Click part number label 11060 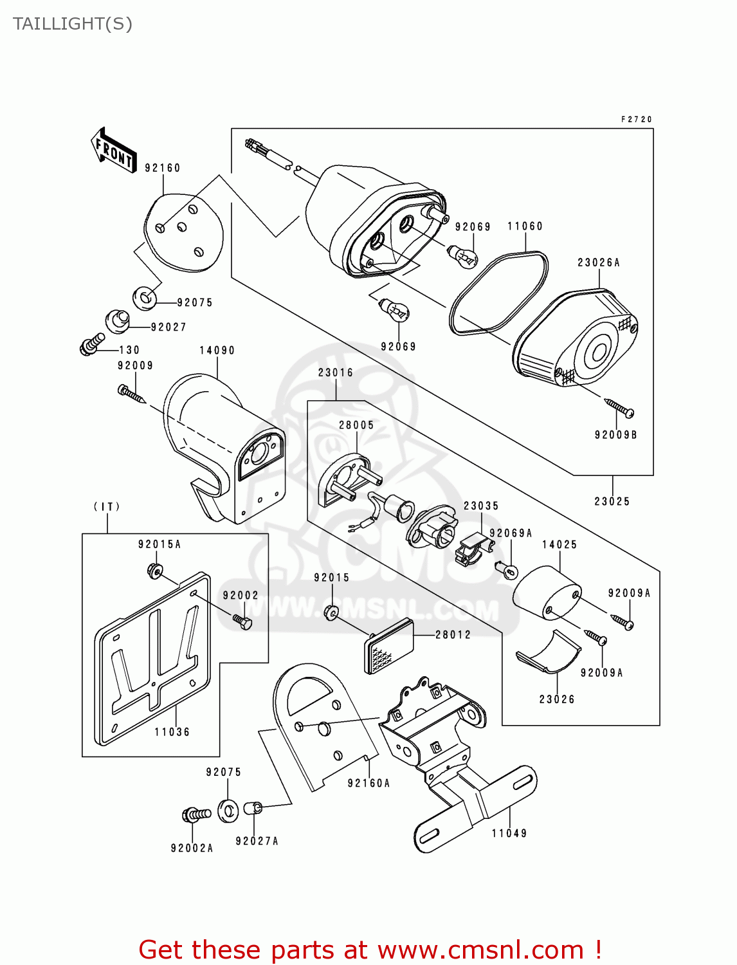[x=525, y=226]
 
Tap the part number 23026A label [x=598, y=262]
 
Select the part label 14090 [x=217, y=351]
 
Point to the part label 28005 [x=356, y=425]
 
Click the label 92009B [x=615, y=435]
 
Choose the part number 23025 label [x=612, y=501]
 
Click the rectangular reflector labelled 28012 [x=389, y=645]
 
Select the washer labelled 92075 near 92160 [x=145, y=298]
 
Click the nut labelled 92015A [x=155, y=571]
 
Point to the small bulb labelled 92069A [x=507, y=569]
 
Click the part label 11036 [x=172, y=732]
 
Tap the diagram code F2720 [x=636, y=120]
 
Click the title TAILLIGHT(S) [x=73, y=24]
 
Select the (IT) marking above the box [x=107, y=507]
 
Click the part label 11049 [x=509, y=833]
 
